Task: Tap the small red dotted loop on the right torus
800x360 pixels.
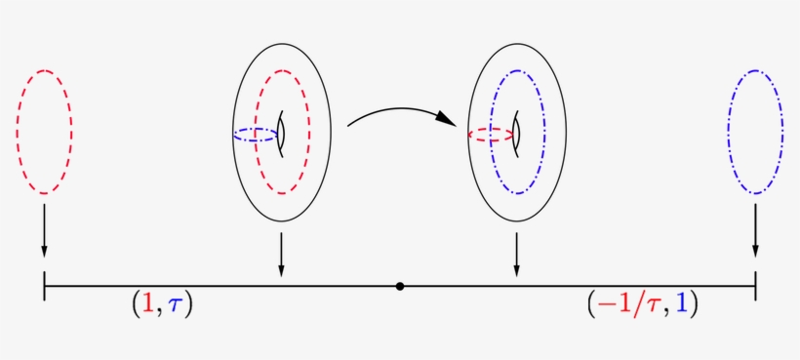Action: click(x=490, y=135)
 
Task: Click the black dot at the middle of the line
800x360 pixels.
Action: click(x=400, y=286)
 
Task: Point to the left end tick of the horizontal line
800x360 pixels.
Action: click(x=44, y=286)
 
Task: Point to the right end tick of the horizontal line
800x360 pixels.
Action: click(x=755, y=286)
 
